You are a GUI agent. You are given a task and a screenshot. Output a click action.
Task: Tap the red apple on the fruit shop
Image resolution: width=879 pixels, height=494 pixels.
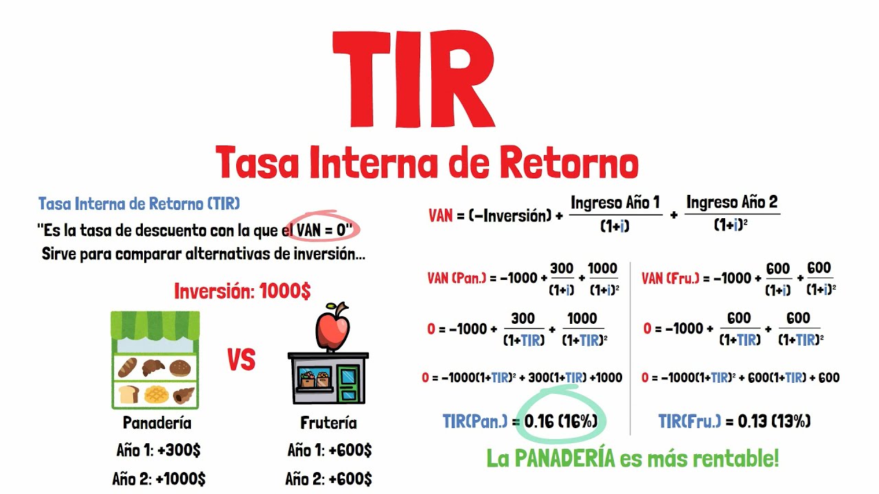tap(332, 327)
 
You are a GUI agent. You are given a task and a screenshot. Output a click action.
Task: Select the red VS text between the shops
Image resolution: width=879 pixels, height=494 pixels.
tap(241, 360)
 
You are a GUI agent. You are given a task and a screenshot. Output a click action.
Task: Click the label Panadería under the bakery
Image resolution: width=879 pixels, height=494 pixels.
tap(157, 423)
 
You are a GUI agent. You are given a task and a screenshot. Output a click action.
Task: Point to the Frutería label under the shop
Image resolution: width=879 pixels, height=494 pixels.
tap(329, 423)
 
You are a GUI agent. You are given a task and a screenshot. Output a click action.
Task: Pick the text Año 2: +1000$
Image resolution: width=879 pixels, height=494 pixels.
tap(159, 478)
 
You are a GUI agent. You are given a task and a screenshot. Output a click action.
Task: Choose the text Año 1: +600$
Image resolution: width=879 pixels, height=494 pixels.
tap(330, 451)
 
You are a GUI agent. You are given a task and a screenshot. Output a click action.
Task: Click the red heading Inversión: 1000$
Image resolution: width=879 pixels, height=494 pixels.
tap(242, 291)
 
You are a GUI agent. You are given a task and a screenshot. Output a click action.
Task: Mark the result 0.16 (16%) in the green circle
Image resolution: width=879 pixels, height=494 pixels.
tap(560, 421)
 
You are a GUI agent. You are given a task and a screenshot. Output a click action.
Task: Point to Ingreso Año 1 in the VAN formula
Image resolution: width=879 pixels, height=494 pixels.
tap(615, 202)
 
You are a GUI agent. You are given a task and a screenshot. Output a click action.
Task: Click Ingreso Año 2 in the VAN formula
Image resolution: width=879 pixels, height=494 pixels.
tap(732, 202)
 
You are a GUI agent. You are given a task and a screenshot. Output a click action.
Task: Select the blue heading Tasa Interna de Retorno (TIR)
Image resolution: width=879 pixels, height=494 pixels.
tap(139, 204)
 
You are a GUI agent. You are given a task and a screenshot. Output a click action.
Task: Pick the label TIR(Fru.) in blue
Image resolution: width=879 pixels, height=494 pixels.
tap(690, 421)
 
